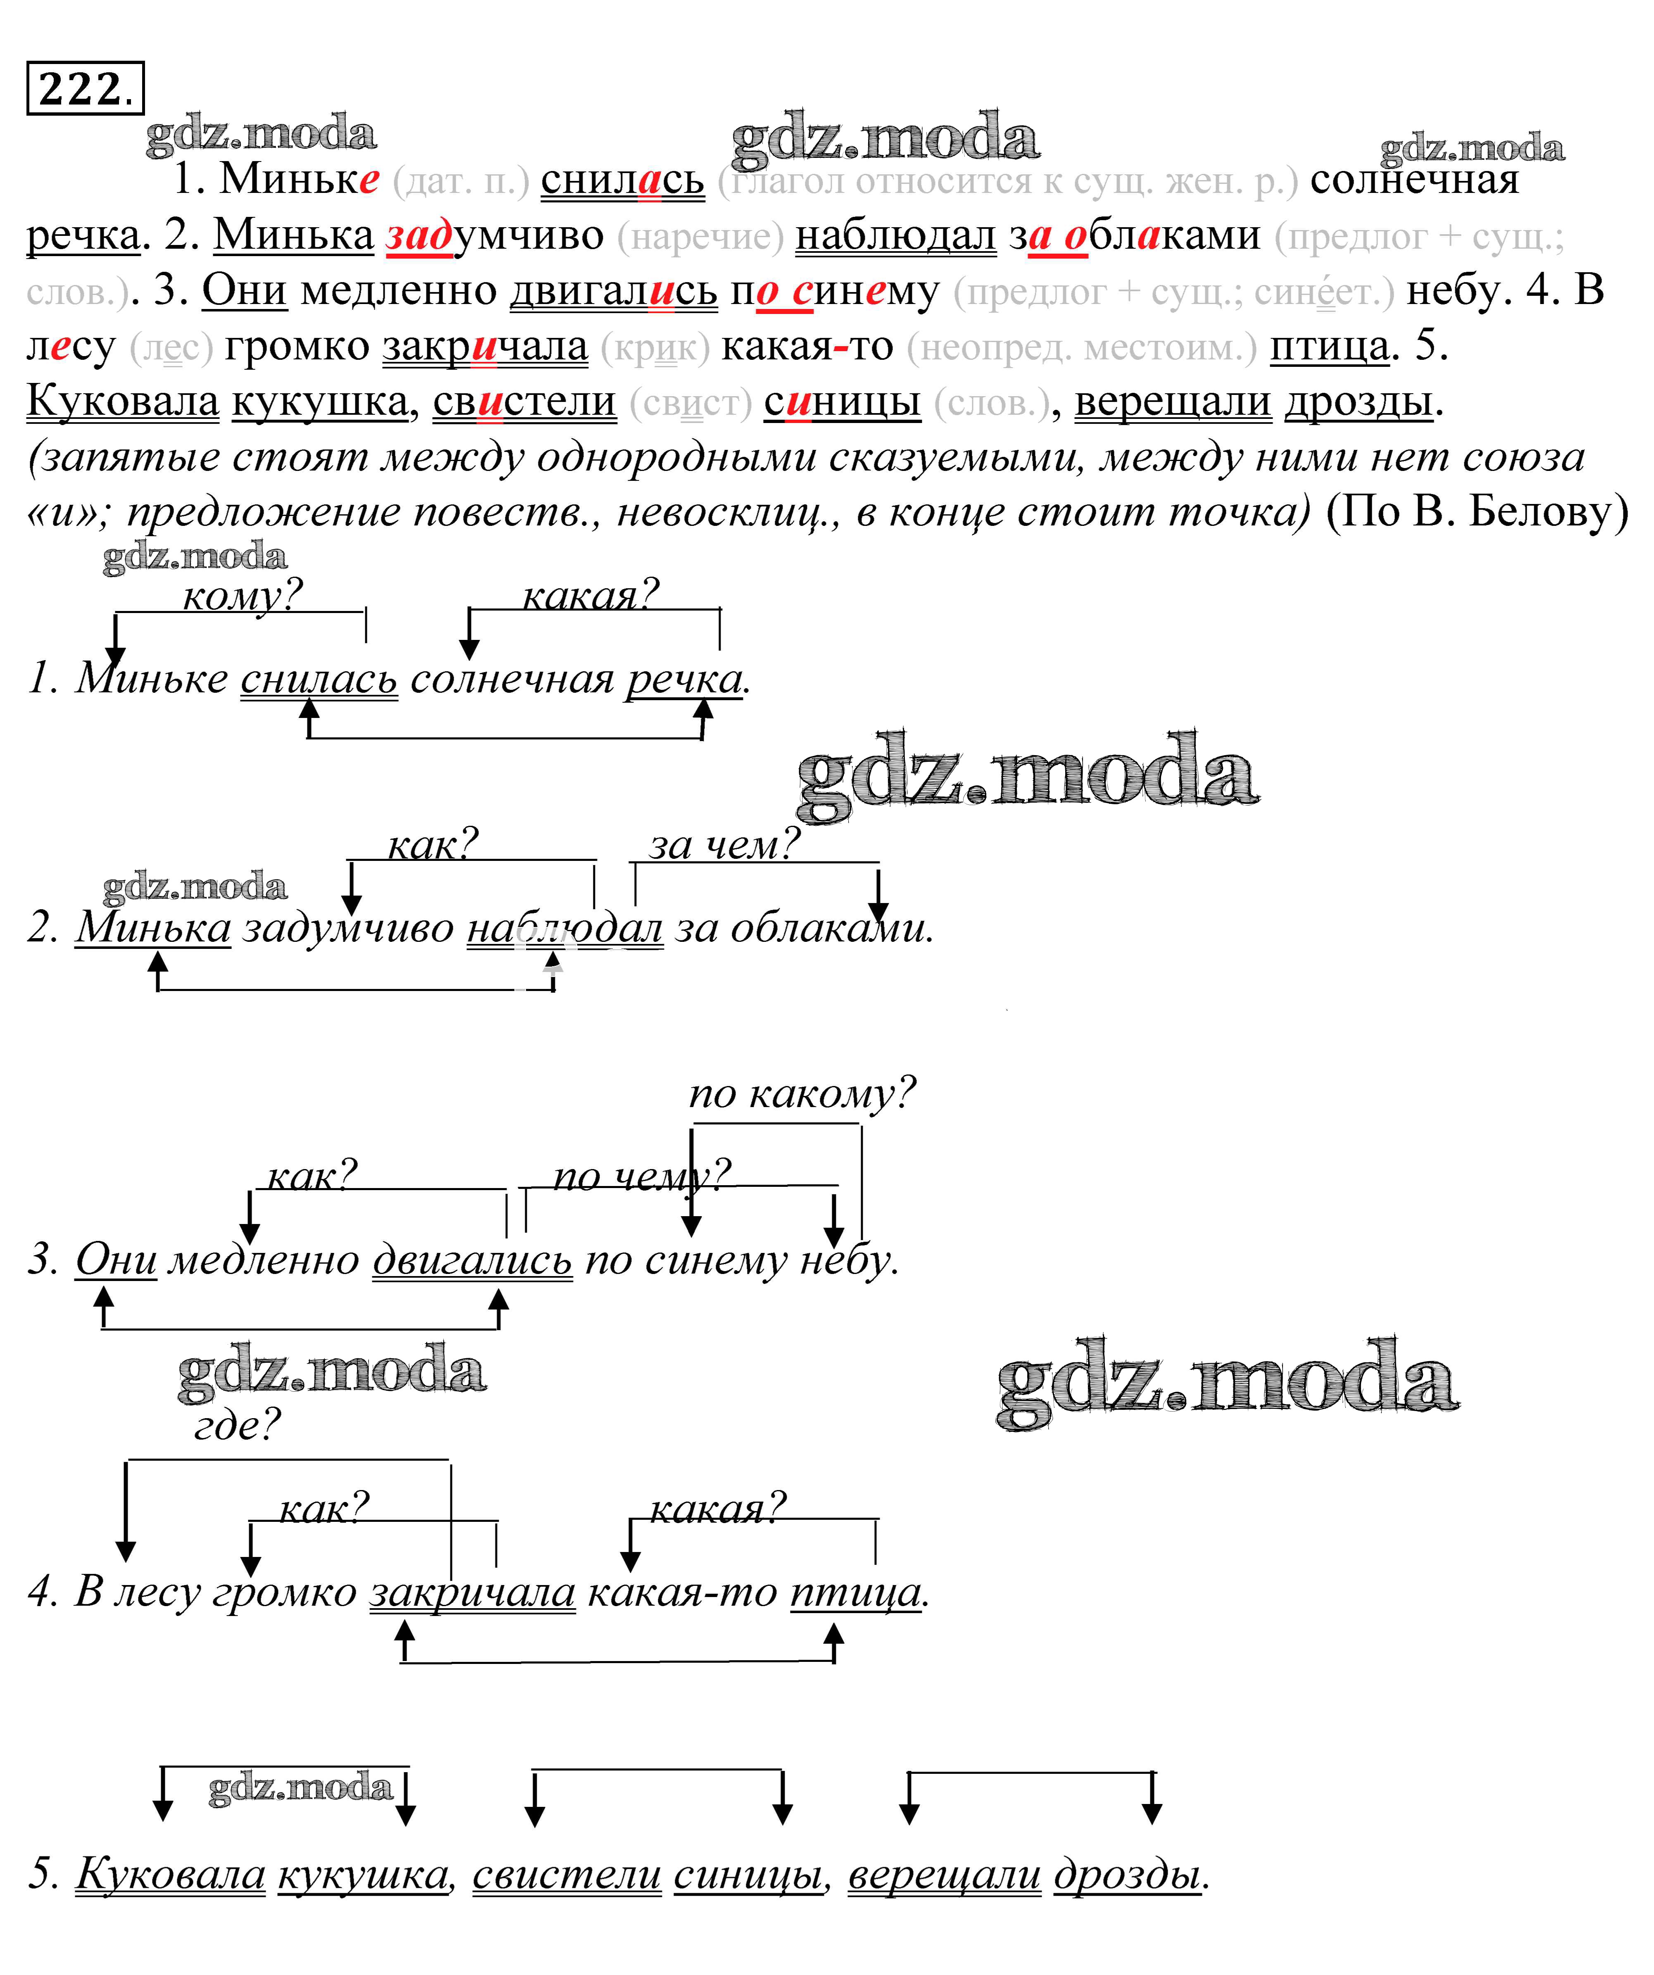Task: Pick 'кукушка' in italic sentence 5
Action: point(362,1874)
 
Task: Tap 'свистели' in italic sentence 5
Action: point(566,1874)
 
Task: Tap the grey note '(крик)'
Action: point(655,348)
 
